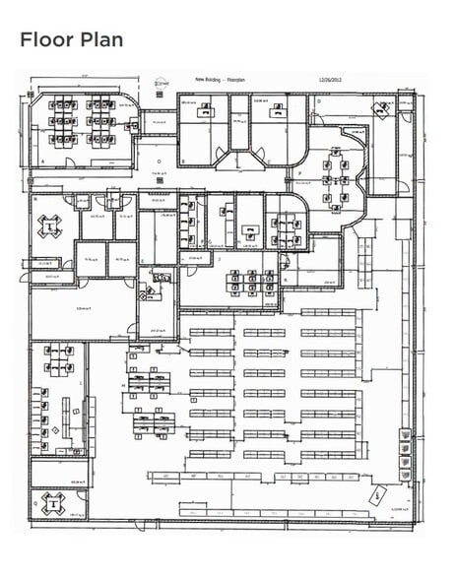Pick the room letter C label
point(269,160)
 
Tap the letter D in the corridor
point(158,160)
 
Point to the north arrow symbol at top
point(161,85)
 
